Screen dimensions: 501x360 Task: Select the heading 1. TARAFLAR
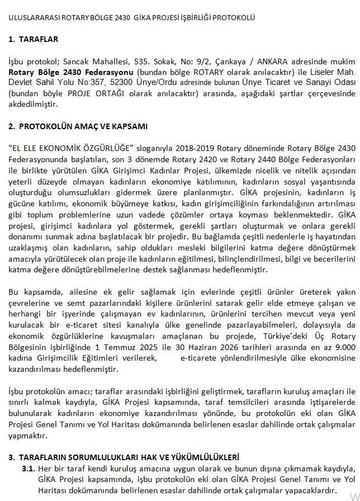coord(34,39)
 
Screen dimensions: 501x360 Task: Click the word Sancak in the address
coord(75,61)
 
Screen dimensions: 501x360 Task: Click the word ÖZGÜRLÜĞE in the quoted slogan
coord(110,148)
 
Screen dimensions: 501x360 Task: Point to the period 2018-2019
coord(194,148)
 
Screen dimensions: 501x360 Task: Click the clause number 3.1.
coord(29,468)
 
